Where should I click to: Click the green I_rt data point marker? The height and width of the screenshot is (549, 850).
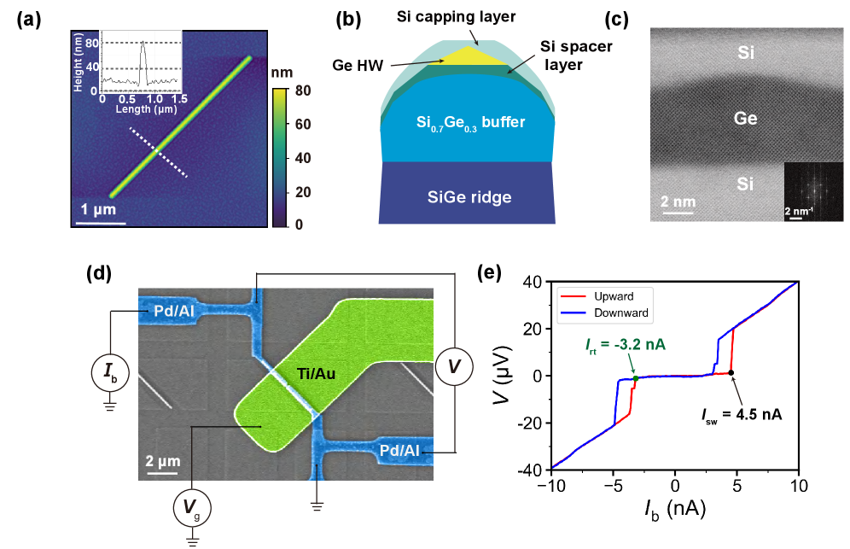click(x=635, y=378)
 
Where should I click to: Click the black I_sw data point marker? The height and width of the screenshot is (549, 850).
click(x=731, y=372)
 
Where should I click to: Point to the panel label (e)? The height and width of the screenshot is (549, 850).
click(x=491, y=273)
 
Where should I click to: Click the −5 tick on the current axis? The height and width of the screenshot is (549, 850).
click(x=612, y=484)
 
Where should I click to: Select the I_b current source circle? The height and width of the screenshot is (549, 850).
click(x=109, y=371)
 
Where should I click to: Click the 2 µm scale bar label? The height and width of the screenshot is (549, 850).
click(x=160, y=462)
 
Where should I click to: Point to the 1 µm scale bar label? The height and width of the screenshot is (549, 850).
click(x=99, y=210)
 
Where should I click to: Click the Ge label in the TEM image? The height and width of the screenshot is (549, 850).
click(x=746, y=118)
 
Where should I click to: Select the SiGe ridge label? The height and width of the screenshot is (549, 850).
click(x=470, y=196)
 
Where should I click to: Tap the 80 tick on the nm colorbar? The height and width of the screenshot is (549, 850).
click(x=299, y=90)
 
